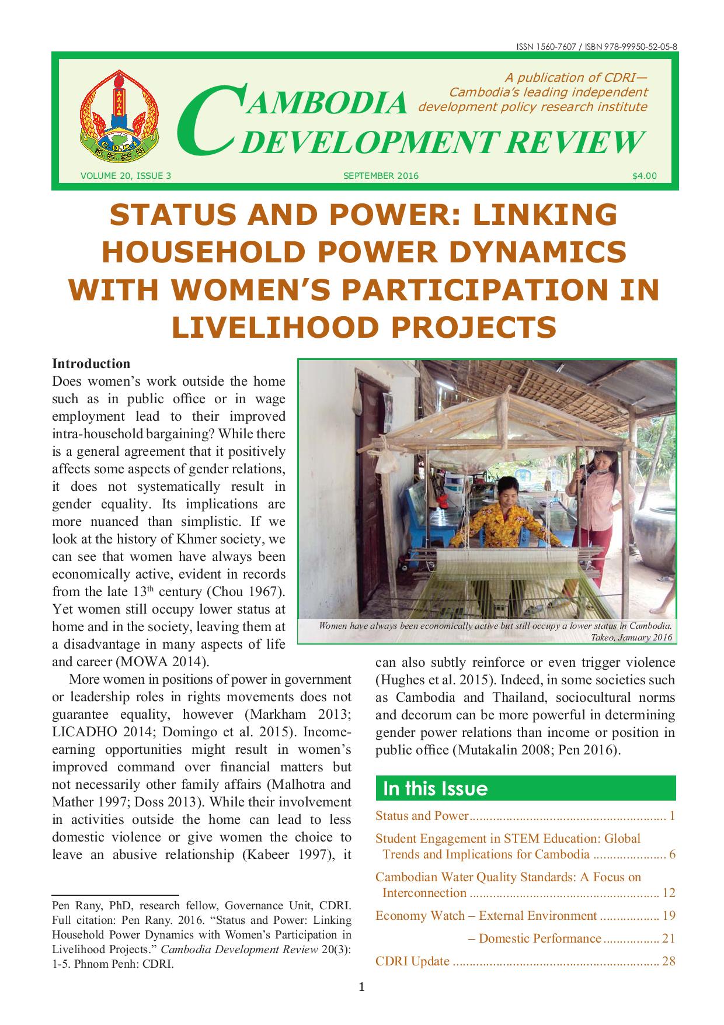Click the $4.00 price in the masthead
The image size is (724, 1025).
click(644, 175)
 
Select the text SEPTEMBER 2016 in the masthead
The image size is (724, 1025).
click(381, 175)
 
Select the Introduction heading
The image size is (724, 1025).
click(91, 363)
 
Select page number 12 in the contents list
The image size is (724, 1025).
click(669, 893)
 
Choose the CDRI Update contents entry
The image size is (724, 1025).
click(412, 961)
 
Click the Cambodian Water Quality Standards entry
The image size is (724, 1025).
click(508, 877)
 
